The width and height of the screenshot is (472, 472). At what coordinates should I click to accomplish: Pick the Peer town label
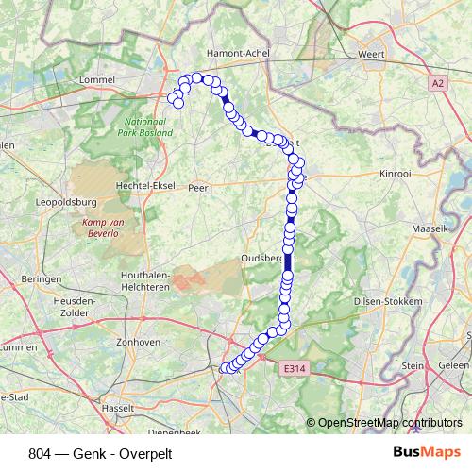(x=197, y=187)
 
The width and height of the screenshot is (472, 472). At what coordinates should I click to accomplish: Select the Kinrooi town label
(x=394, y=176)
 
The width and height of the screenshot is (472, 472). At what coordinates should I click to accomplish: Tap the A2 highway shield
(x=437, y=83)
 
